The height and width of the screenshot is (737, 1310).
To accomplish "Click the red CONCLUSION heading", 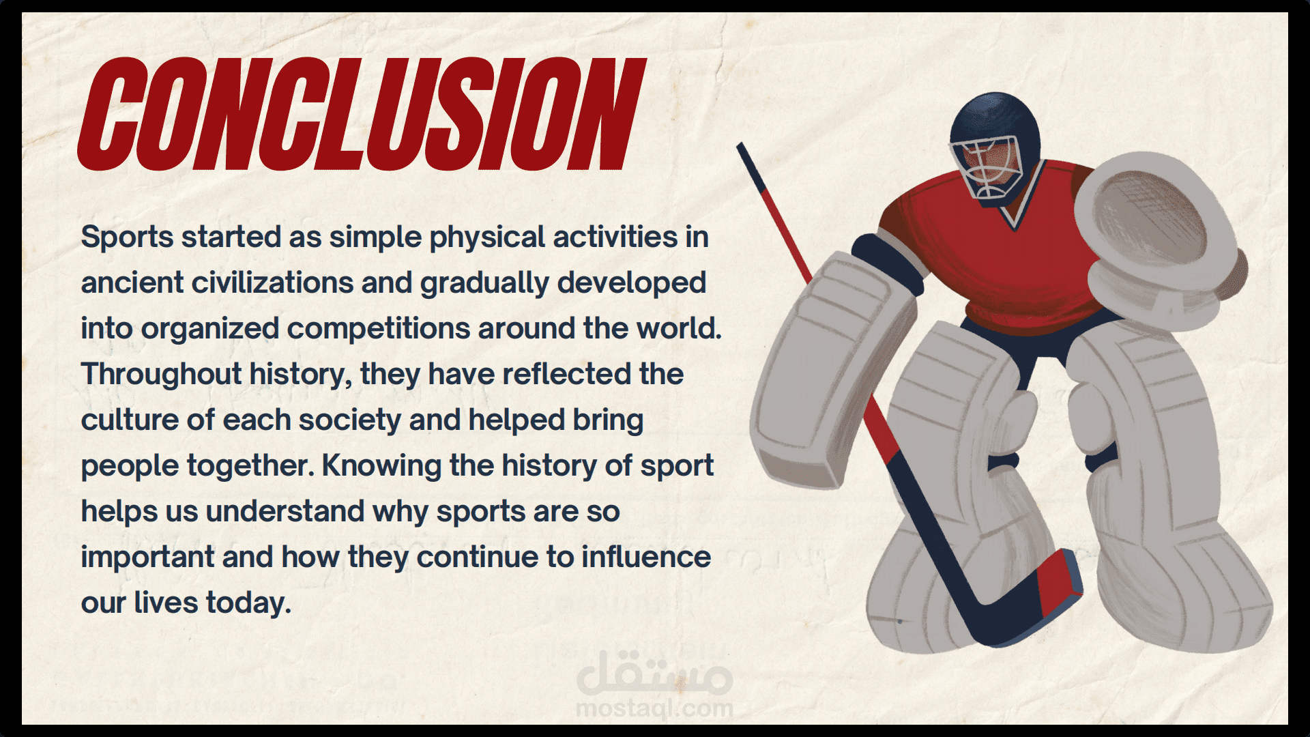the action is pos(362,113).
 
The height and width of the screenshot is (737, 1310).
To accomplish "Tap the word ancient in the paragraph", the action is pos(132,283).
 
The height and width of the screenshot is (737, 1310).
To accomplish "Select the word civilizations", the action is pos(273,283).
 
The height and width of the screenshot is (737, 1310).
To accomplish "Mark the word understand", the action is pos(285,511).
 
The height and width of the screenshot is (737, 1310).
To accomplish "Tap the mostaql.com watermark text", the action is pos(654,708).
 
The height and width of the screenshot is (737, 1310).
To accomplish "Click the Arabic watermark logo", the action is pos(654,672).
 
